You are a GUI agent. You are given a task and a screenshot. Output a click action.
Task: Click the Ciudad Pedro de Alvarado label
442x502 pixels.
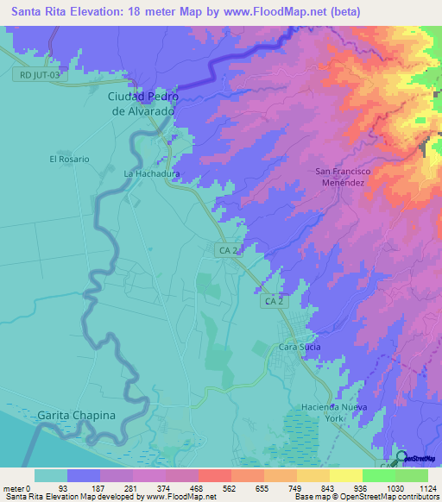(x=142, y=104)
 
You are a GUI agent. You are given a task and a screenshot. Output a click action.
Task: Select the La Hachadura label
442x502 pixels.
(x=151, y=173)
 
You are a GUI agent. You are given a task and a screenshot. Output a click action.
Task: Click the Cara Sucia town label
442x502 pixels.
(x=300, y=347)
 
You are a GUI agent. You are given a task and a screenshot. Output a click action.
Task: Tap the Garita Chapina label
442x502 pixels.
(x=77, y=416)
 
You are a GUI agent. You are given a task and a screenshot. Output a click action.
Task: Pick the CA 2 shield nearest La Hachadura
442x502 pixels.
(x=226, y=250)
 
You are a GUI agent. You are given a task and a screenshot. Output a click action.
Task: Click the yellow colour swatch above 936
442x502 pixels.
(x=346, y=475)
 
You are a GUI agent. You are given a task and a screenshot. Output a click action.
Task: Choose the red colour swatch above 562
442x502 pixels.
(x=213, y=475)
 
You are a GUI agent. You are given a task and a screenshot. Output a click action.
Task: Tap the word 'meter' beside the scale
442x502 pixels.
(x=14, y=489)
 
